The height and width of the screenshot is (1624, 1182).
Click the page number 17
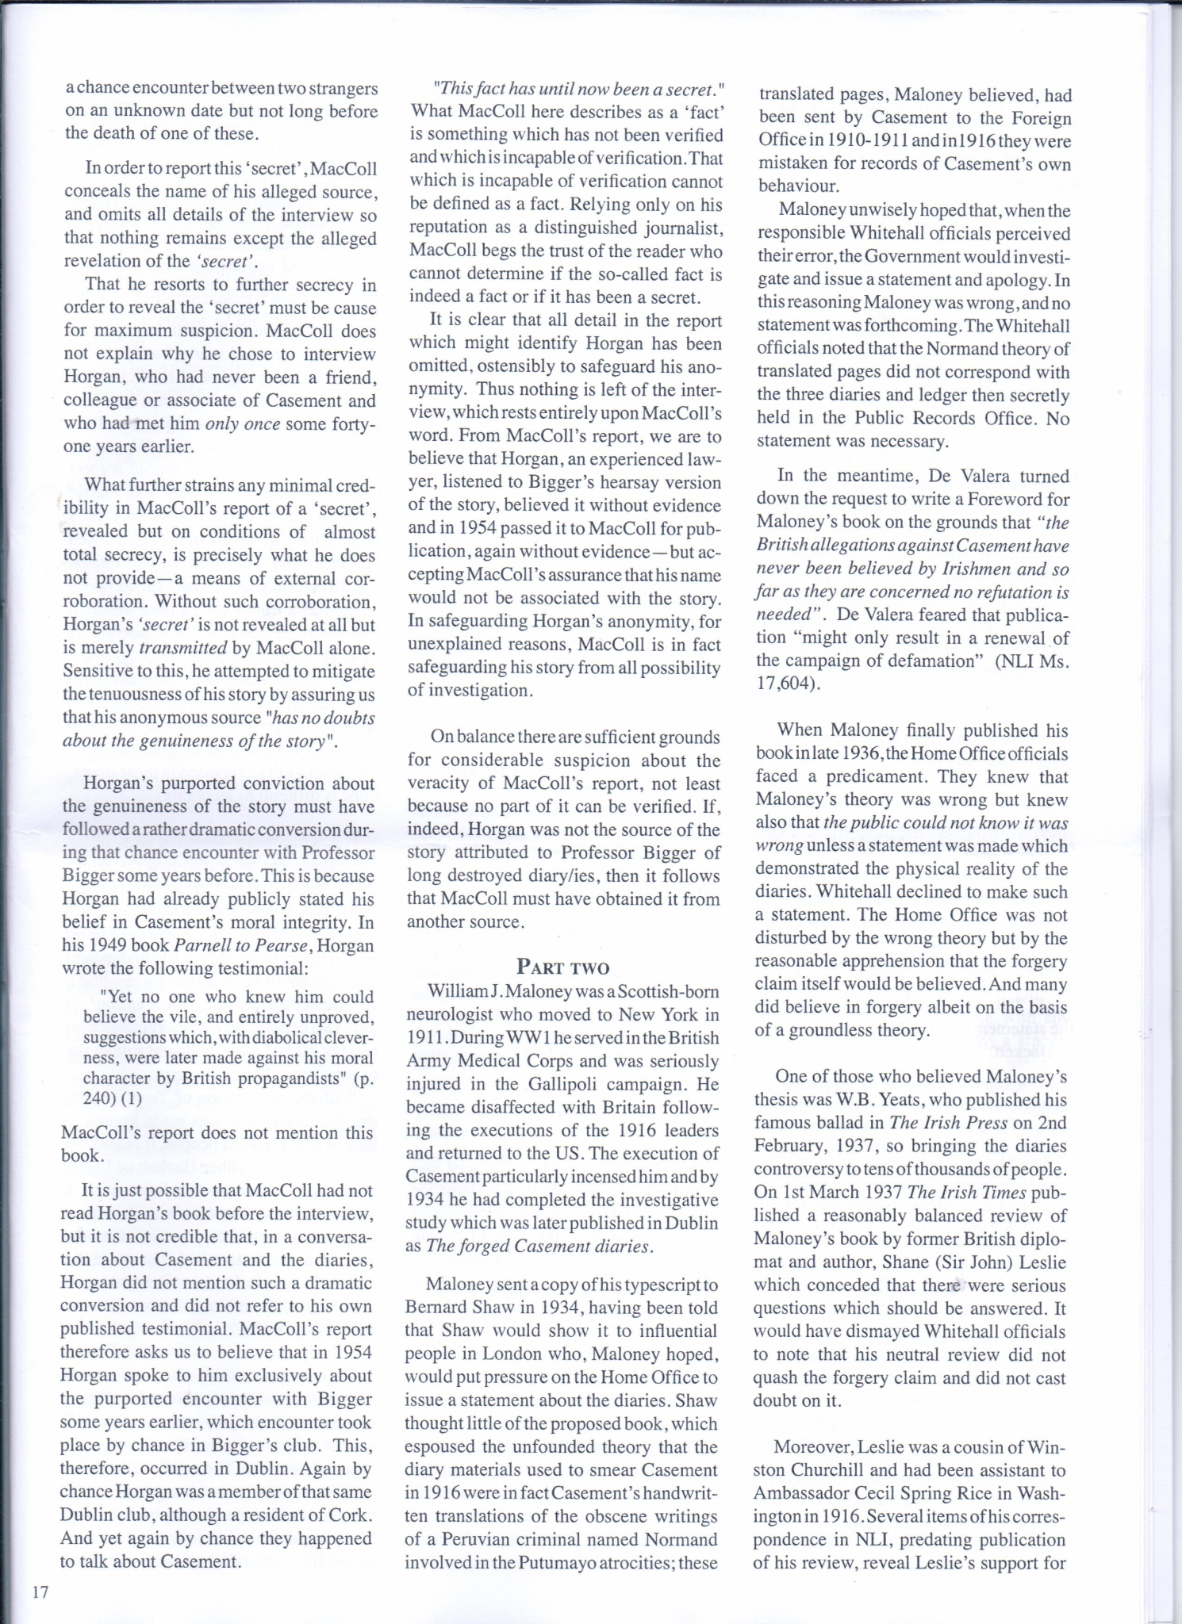(x=41, y=1591)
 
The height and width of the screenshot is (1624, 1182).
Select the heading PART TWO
(x=562, y=967)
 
